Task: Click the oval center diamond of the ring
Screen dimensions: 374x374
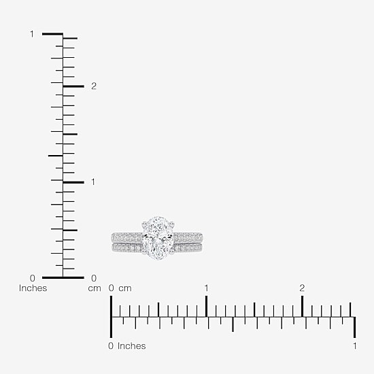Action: pos(158,238)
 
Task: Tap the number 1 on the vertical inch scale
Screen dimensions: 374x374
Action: pos(32,34)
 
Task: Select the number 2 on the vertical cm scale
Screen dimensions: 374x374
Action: pos(94,86)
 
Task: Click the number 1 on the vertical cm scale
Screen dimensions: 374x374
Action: pos(93,182)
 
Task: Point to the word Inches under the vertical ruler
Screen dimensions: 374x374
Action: pos(33,288)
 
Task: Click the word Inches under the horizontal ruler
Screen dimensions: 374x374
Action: pos(131,346)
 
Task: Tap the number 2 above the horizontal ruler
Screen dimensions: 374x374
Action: pos(302,288)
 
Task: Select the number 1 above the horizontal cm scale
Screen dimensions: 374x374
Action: pos(206,288)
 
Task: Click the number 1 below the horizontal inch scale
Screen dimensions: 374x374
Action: pos(355,346)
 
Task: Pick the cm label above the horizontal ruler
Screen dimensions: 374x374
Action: pos(125,288)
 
